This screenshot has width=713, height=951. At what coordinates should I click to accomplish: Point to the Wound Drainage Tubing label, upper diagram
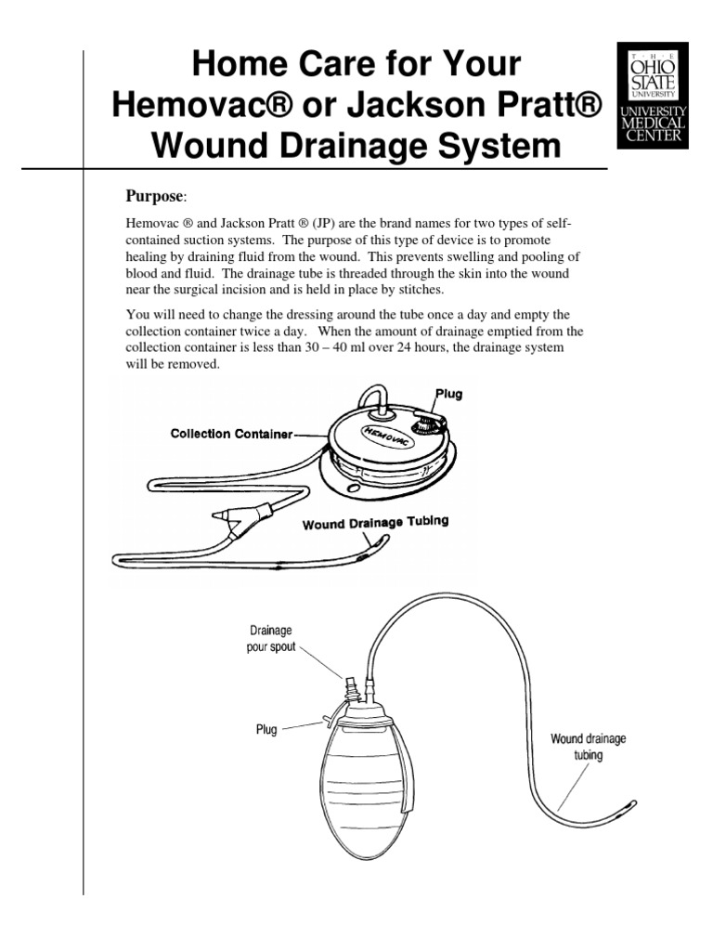pyautogui.click(x=375, y=523)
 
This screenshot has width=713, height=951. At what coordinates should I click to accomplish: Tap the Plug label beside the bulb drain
pyautogui.click(x=266, y=730)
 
